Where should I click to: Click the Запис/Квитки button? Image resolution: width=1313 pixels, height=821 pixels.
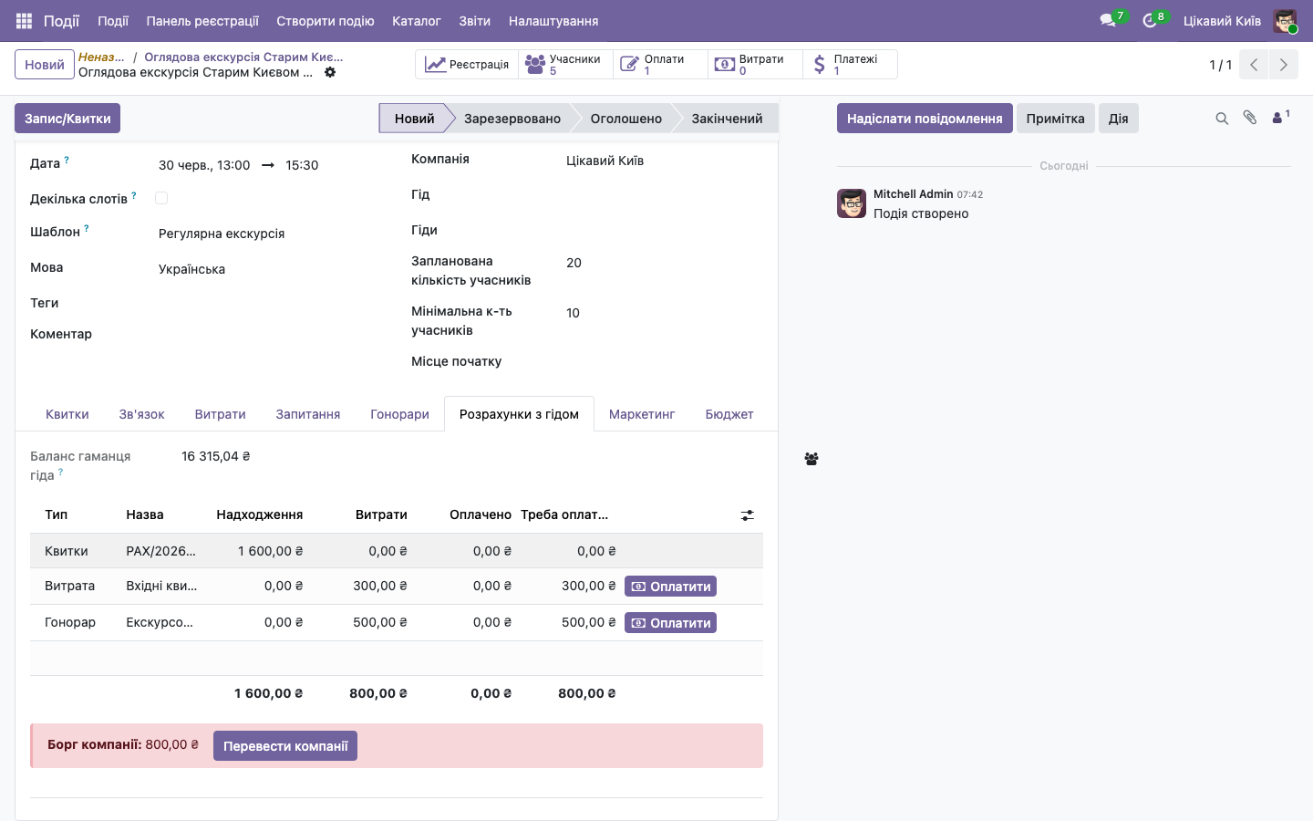coord(67,119)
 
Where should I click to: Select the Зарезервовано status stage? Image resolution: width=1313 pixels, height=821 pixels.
coord(512,119)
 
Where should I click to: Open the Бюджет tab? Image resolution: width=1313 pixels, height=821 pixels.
coord(729,414)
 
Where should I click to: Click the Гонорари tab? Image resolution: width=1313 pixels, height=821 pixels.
coord(399,414)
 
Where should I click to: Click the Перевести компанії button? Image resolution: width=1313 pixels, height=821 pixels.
coord(284,746)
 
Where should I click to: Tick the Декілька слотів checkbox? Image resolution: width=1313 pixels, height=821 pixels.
coord(161,198)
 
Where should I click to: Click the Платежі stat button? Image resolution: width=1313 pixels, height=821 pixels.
coord(850,65)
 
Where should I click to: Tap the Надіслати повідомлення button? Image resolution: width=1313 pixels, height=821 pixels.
coord(925,119)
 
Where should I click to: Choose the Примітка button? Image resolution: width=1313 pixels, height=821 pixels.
coord(1055,119)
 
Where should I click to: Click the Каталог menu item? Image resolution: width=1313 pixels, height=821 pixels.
coord(416,21)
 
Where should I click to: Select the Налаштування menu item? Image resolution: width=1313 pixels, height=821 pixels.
coord(553,21)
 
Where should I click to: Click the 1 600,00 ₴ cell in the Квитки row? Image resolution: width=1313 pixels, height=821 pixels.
coord(270,551)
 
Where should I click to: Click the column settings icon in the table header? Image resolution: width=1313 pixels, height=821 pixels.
coord(748,515)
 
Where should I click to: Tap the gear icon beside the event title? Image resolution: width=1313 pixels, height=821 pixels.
coord(330,72)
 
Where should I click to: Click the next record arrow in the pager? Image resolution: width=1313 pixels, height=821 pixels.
coord(1283,65)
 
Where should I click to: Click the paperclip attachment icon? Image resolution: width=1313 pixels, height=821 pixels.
coord(1250,118)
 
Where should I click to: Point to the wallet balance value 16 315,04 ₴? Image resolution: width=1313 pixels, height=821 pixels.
coord(216,456)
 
